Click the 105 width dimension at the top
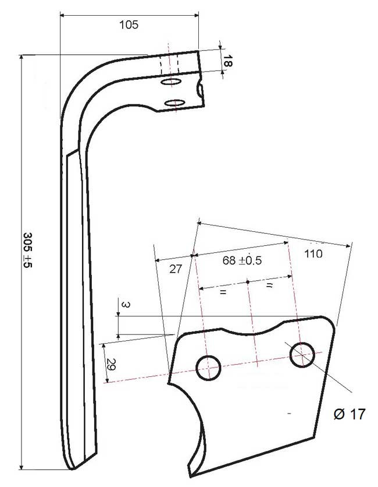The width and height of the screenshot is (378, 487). click(x=129, y=24)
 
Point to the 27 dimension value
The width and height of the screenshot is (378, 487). click(x=176, y=269)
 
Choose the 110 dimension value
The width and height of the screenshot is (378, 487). click(x=313, y=253)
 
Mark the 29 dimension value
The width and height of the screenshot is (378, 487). click(x=110, y=365)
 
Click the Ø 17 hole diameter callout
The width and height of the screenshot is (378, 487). click(x=350, y=414)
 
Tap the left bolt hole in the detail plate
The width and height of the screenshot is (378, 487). click(x=208, y=368)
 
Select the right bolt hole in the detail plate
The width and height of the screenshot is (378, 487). click(x=301, y=355)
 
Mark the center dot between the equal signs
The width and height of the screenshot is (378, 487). click(x=248, y=283)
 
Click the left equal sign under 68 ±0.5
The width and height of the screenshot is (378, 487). click(x=222, y=291)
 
